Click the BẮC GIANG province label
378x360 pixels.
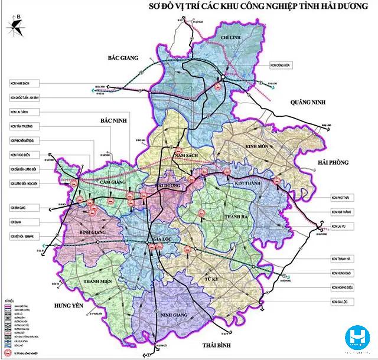[123, 58]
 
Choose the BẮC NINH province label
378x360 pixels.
[115, 120]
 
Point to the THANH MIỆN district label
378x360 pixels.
[98, 282]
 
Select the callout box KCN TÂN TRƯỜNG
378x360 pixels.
[22, 126]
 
